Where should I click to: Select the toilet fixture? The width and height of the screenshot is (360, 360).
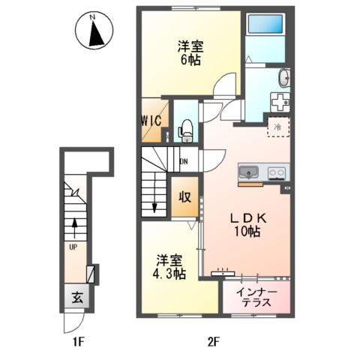point(186,130)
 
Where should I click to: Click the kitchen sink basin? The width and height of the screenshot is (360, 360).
point(249,173)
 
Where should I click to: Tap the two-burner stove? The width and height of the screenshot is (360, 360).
point(274,173)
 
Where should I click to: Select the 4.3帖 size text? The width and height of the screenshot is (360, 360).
point(169,274)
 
